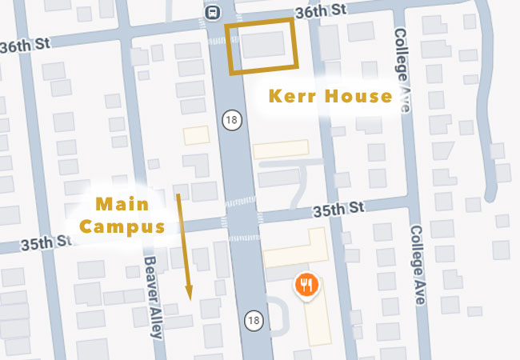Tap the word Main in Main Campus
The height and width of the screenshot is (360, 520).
122,203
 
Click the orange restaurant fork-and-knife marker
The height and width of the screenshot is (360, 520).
307,285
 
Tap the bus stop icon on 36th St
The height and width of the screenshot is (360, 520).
213,12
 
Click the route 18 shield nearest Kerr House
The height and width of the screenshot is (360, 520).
231,120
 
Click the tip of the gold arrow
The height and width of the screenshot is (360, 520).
189,298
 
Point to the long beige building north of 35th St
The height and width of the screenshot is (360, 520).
280,150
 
